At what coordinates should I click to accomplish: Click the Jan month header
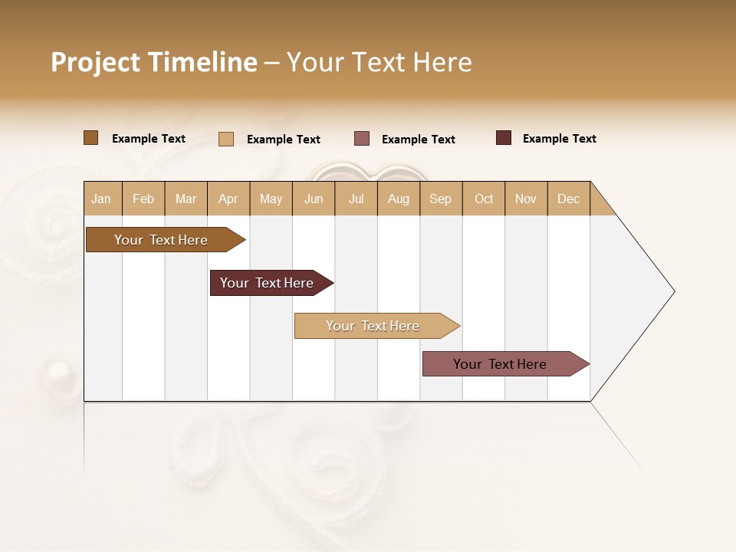[x=101, y=199]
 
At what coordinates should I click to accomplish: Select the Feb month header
[x=143, y=199]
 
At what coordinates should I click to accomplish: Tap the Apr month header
[x=228, y=199]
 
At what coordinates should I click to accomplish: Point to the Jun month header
[x=314, y=199]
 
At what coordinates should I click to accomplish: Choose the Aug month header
[x=399, y=199]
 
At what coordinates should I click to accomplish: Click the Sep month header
[x=440, y=199]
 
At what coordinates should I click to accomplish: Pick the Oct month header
[x=484, y=199]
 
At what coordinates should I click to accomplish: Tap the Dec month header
[x=569, y=199]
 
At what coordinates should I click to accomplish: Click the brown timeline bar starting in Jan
[x=161, y=240]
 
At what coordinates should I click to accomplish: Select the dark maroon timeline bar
[x=267, y=283]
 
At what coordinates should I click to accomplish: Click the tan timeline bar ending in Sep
[x=373, y=326]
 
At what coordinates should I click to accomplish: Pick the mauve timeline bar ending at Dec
[x=500, y=364]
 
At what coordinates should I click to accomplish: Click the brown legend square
[x=90, y=138]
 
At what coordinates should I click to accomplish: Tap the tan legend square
[x=225, y=139]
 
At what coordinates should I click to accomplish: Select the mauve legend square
[x=361, y=138]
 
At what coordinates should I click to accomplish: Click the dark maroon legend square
[x=503, y=138]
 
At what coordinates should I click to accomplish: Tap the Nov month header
[x=526, y=199]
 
